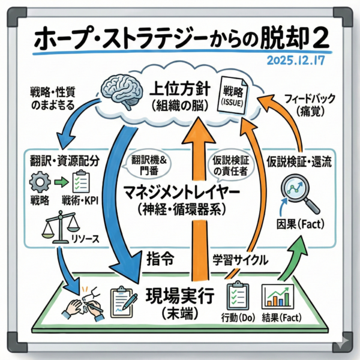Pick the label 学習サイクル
click(x=241, y=262)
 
